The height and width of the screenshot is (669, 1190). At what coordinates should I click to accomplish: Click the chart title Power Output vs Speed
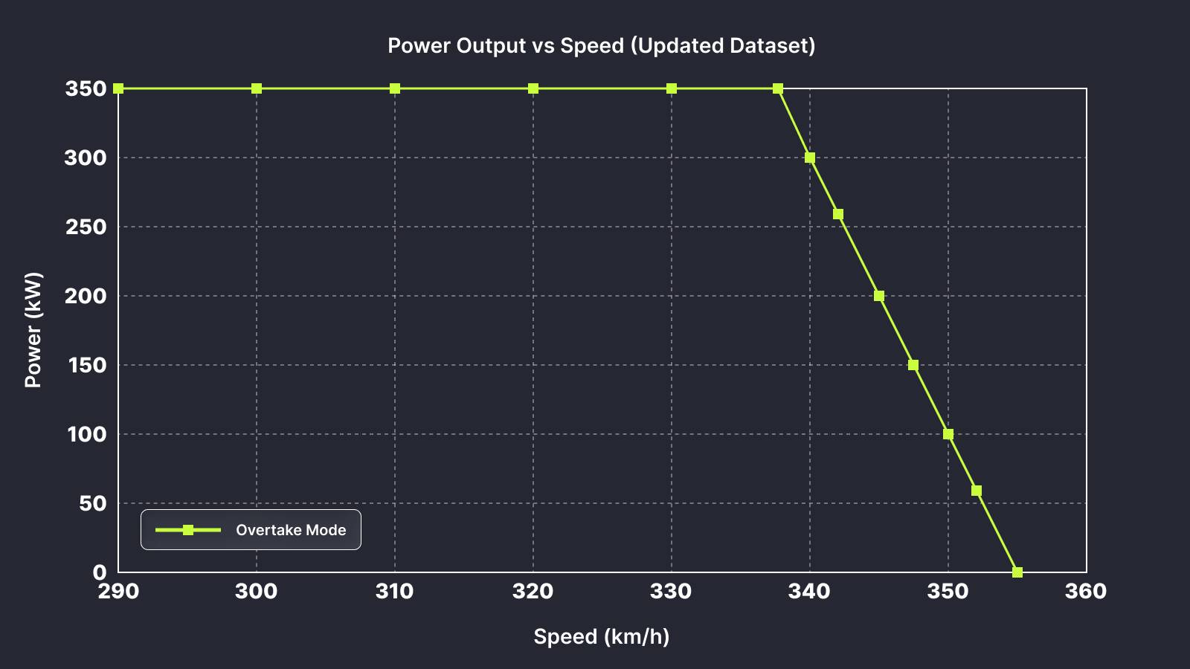601,45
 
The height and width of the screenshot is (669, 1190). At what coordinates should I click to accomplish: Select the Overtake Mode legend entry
251,530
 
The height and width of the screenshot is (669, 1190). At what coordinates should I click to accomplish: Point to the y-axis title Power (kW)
33,330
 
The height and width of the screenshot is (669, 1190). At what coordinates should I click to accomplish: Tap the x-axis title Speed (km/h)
601,636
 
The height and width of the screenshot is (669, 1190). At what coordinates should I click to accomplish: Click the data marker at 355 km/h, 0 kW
1017,572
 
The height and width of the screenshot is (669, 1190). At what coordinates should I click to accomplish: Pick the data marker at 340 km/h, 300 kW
810,158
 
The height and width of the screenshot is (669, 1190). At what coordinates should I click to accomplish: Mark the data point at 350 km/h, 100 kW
948,434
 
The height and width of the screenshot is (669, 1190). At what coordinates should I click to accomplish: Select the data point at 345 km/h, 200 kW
879,296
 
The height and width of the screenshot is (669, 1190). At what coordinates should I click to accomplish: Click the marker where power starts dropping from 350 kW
778,88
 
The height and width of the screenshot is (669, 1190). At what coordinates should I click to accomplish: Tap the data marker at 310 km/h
395,88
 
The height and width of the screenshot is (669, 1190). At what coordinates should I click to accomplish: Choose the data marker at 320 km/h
533,88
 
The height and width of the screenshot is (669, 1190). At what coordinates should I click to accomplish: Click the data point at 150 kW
913,365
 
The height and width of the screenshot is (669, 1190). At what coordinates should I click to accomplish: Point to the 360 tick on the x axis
1086,591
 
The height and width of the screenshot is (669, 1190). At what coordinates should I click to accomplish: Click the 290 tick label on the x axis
118,591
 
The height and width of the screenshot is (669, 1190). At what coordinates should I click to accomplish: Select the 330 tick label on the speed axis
671,591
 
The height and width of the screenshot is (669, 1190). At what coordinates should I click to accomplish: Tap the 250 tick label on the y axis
86,227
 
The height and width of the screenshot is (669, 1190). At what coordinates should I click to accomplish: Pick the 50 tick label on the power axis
91,503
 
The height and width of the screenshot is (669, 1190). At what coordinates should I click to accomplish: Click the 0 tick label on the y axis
100,572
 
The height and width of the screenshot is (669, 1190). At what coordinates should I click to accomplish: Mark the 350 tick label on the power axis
86,88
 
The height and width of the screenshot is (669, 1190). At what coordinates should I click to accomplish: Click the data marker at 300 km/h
257,88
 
